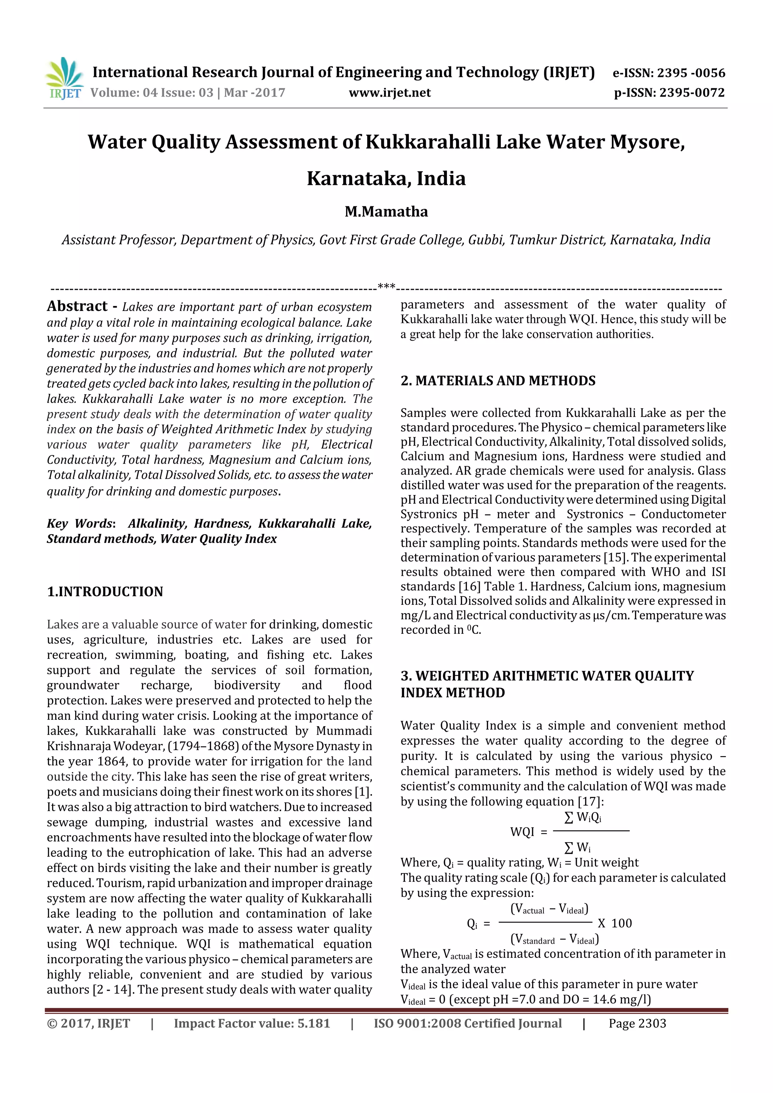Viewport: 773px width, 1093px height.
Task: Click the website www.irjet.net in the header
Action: click(390, 93)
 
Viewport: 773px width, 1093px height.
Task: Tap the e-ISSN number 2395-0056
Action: click(691, 73)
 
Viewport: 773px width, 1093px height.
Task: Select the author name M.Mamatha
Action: click(386, 212)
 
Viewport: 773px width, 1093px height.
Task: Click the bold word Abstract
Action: click(77, 306)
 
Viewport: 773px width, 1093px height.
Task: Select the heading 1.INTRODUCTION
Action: click(105, 592)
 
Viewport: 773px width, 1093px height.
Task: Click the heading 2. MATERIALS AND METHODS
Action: click(498, 381)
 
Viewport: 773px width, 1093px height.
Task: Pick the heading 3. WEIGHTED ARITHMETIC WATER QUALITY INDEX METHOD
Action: click(547, 684)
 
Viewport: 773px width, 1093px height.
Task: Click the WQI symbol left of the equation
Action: click(522, 832)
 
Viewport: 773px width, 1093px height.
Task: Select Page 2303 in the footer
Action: click(637, 1024)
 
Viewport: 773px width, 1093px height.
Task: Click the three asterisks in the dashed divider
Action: click(386, 287)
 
